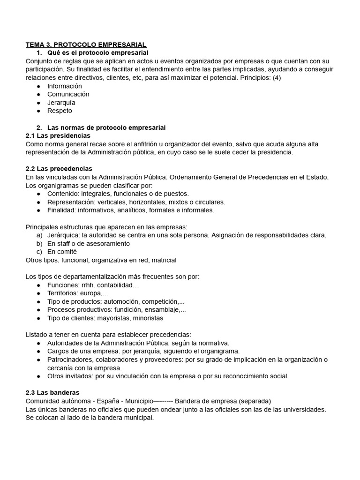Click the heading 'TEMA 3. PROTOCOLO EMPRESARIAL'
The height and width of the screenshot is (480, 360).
click(86, 45)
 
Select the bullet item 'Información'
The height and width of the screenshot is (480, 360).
click(64, 86)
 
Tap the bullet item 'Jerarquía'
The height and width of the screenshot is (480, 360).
click(61, 103)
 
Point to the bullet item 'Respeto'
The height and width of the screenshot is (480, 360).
click(60, 111)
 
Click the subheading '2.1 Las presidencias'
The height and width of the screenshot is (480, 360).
click(58, 135)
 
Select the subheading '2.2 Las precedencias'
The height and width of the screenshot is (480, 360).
click(59, 169)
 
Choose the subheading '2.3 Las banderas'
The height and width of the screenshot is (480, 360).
click(52, 392)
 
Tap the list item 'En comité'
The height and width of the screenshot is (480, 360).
click(62, 252)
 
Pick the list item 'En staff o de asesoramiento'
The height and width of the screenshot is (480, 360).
click(89, 243)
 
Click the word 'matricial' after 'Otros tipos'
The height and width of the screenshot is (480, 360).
click(163, 260)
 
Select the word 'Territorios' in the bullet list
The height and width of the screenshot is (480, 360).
click(64, 293)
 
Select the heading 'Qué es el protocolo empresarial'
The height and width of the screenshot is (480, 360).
click(97, 53)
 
